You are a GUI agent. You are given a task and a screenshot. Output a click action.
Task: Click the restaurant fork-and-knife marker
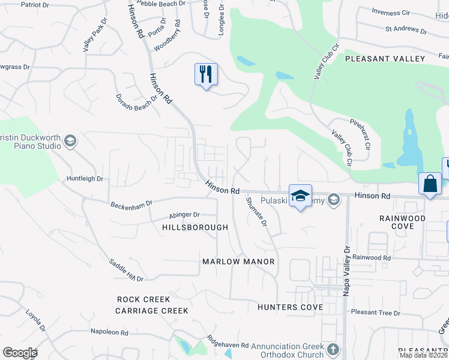point(206,74)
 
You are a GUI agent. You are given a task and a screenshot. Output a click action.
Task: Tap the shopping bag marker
point(430,184)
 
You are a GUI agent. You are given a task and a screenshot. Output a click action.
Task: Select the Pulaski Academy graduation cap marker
point(300,196)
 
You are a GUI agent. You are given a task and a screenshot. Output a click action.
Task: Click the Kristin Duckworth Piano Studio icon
point(69,142)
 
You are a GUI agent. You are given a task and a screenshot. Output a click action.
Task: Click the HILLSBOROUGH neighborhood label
point(195,227)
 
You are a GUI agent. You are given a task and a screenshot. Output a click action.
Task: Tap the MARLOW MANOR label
point(238,262)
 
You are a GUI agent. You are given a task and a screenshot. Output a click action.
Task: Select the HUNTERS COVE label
point(290,307)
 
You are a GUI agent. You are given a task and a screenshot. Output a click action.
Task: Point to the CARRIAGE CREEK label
point(152,311)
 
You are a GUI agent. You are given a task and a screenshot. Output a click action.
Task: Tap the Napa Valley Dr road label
point(346,270)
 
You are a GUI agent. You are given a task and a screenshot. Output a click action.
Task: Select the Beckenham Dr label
point(132,205)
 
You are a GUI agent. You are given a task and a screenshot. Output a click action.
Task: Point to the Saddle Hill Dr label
point(126,271)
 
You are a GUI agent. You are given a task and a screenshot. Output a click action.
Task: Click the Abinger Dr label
point(184,214)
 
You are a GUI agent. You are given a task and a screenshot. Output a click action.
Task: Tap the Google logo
point(20,353)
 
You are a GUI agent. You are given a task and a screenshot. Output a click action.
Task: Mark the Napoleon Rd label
point(109,332)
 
